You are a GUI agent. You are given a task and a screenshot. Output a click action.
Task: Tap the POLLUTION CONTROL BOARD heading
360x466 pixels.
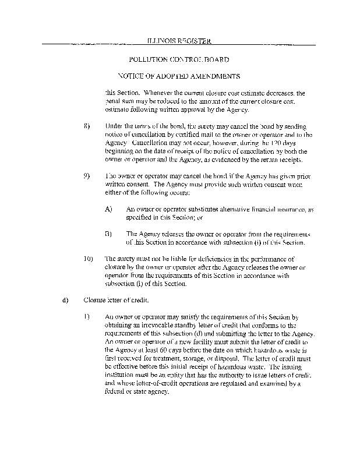point(178,60)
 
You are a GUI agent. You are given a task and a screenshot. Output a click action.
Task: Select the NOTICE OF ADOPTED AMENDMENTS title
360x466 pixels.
point(179,76)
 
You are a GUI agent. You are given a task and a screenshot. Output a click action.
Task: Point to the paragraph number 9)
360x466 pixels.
point(87,176)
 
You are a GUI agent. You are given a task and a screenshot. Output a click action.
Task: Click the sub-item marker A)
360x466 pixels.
point(108,209)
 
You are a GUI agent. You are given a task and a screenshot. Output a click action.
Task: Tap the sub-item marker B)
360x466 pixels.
point(108,234)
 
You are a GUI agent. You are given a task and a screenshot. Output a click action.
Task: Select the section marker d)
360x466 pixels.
point(65,301)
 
